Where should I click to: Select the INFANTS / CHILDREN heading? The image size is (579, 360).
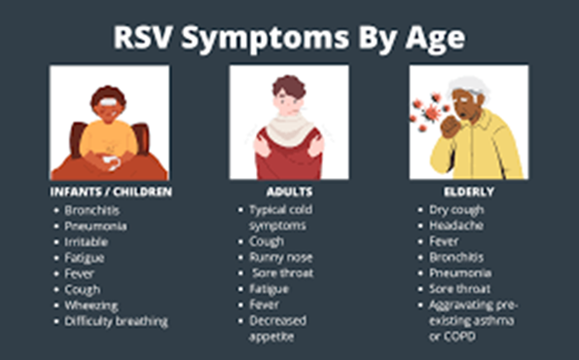click(x=110, y=193)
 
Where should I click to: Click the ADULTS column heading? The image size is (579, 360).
click(x=290, y=193)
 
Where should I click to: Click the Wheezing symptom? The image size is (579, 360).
click(x=90, y=305)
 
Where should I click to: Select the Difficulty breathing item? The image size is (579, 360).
click(x=116, y=320)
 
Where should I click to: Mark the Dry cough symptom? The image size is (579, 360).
click(x=455, y=209)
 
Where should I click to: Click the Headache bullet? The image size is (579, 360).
click(x=454, y=225)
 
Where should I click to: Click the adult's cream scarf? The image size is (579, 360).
click(x=289, y=126)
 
